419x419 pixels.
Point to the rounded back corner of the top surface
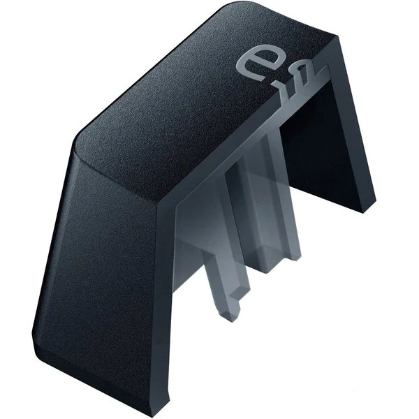click(x=230, y=8)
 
